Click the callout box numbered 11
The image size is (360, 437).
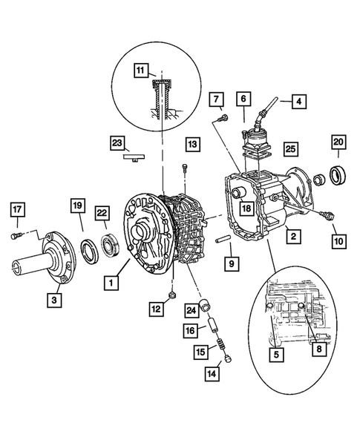tap(141, 70)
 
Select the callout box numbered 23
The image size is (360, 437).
tap(117, 143)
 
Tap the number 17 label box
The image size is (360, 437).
tap(18, 209)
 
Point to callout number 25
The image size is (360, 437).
tap(290, 149)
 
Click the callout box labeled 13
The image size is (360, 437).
tap(192, 144)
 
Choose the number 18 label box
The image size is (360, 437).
tap(246, 208)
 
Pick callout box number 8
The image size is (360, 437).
tap(319, 349)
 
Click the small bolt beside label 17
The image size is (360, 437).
tap(16, 235)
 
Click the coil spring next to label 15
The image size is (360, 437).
tap(221, 344)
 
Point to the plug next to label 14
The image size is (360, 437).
tap(229, 358)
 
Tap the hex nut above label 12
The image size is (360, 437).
tap(172, 295)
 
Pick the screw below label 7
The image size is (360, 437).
tap(222, 118)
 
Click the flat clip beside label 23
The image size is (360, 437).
tap(134, 157)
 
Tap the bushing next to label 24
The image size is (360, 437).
tap(206, 304)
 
